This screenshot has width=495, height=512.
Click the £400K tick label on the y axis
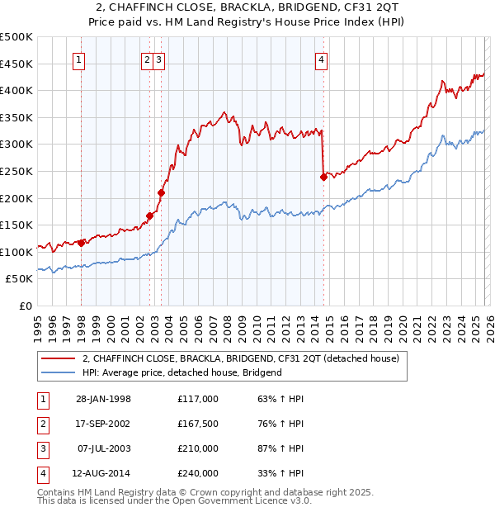click(16, 90)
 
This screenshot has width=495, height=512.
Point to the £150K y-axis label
click(16, 225)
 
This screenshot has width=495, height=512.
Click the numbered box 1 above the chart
click(80, 59)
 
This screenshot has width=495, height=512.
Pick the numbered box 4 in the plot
click(321, 59)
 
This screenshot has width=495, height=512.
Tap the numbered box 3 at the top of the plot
click(158, 59)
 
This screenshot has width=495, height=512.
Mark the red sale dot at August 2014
click(323, 176)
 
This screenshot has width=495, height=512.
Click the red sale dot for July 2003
click(161, 192)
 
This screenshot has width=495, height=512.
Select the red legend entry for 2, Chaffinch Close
click(240, 358)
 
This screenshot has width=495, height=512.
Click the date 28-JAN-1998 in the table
click(103, 399)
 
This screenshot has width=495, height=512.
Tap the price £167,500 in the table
click(197, 424)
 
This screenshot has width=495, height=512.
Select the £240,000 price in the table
click(197, 473)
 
